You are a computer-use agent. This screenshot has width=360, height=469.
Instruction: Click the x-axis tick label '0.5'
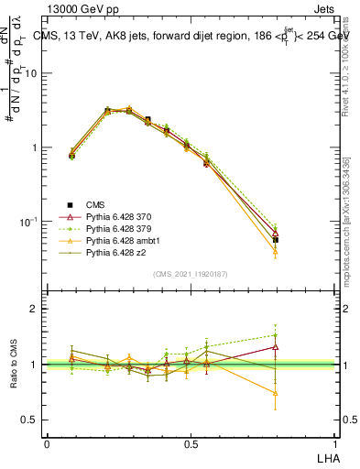click(191, 444)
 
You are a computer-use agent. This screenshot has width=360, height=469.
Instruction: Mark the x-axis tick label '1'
click(335, 444)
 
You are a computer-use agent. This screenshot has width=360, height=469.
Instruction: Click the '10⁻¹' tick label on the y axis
click(28, 222)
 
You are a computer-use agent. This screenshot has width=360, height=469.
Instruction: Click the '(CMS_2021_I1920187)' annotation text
click(191, 274)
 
